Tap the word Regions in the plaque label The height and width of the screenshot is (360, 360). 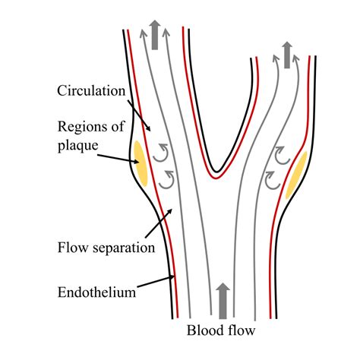point(81,124)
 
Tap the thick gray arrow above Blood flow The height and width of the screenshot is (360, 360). point(223,298)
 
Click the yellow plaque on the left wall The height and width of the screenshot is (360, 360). point(141,163)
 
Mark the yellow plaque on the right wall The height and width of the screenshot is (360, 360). point(296,175)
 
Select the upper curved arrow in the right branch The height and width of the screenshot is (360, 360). point(279,159)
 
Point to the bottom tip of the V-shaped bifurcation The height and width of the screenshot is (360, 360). point(218,171)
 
